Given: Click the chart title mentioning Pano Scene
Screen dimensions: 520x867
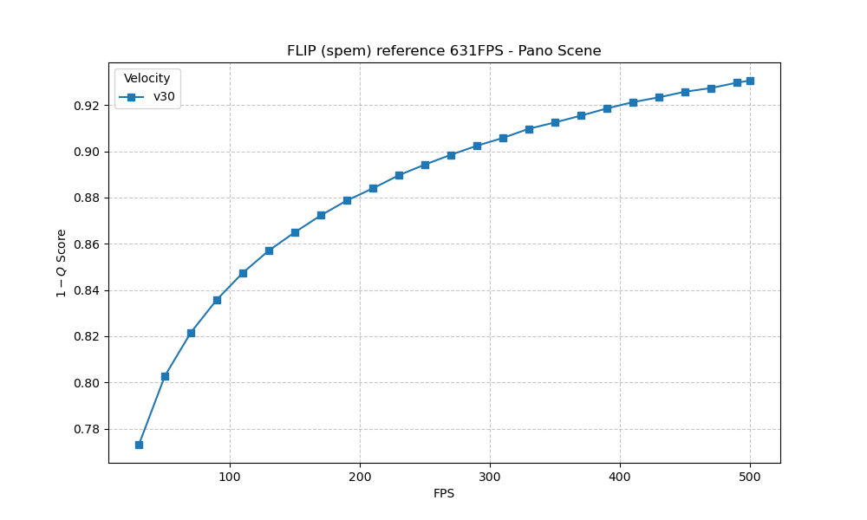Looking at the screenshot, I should (x=444, y=51).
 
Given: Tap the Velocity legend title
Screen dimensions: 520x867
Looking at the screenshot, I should (x=147, y=79).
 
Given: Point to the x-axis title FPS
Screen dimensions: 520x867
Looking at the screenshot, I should (x=444, y=494).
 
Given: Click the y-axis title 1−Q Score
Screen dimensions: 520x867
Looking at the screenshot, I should (x=62, y=263).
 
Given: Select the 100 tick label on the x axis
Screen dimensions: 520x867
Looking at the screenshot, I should (x=230, y=477).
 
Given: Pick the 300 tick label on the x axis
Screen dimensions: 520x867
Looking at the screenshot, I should (x=490, y=477).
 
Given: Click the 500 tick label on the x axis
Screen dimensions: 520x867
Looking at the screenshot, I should (x=750, y=477).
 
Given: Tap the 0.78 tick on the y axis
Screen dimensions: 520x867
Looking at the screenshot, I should (x=87, y=429).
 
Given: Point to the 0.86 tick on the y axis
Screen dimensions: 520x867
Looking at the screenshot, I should (x=87, y=244).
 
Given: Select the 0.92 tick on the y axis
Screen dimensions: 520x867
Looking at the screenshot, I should (x=87, y=106).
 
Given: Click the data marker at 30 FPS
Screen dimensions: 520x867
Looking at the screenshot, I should (x=139, y=445).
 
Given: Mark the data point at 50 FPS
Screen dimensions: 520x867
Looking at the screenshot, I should (x=165, y=376).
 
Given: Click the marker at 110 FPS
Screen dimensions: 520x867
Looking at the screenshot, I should (x=243, y=273).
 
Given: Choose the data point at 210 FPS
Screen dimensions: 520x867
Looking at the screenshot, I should (x=373, y=188).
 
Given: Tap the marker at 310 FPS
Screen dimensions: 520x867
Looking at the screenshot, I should (x=503, y=138).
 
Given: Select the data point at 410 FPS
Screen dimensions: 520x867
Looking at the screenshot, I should (x=633, y=102).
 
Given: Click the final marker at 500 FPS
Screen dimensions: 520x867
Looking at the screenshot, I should (x=750, y=81).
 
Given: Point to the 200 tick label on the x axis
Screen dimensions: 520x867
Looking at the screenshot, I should (x=360, y=477).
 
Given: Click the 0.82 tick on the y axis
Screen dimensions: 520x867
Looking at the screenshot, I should (x=87, y=336).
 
